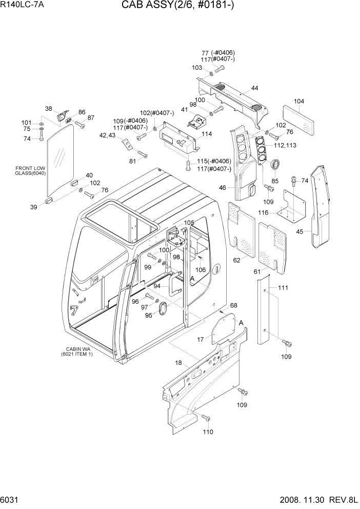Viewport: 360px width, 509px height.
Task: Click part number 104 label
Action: point(299,102)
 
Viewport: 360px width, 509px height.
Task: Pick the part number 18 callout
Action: point(178,363)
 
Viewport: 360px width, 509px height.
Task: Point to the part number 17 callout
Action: point(201,339)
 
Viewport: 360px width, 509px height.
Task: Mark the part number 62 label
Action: point(237,260)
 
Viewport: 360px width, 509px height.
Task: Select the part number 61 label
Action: point(257,271)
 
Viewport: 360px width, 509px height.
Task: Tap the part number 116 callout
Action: point(277,212)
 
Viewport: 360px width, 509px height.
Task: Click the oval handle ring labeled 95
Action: point(163,309)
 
